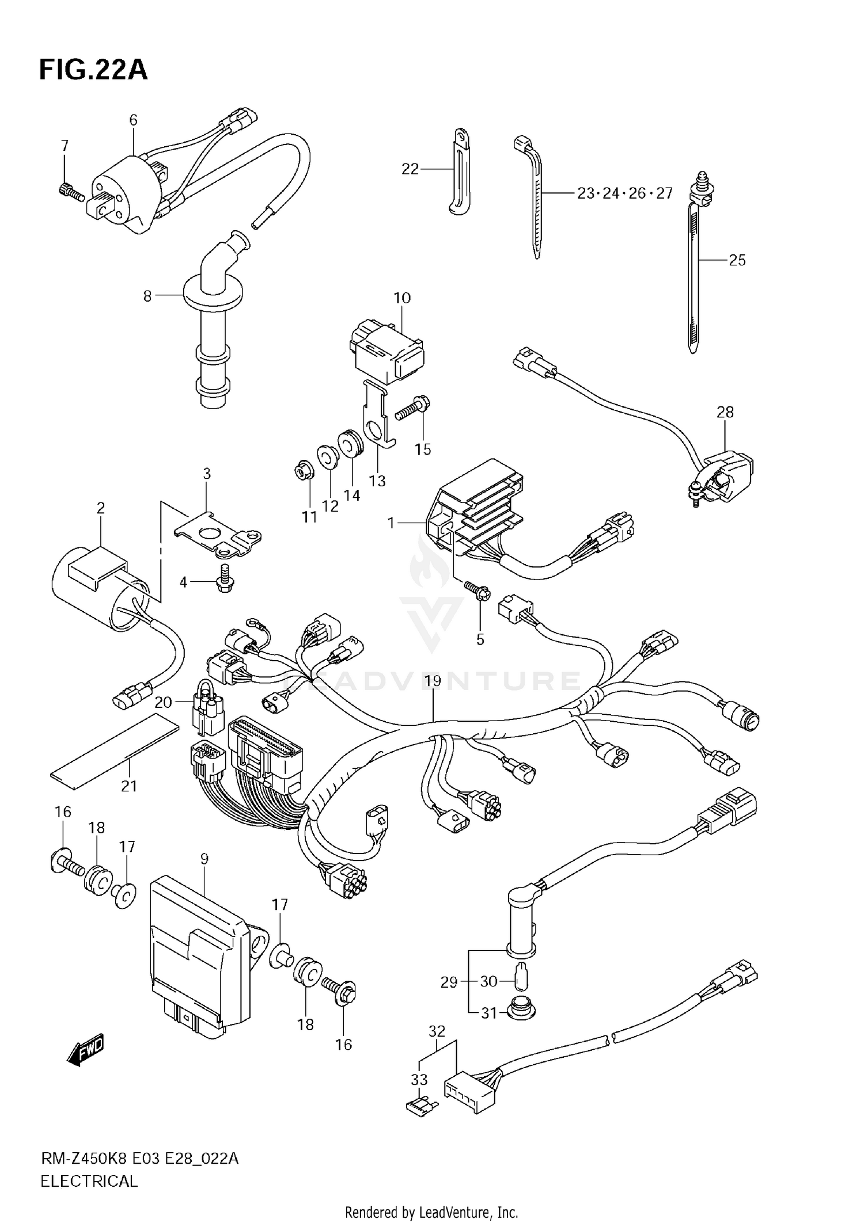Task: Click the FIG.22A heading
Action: pyautogui.click(x=93, y=70)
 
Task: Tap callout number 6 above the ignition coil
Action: pyautogui.click(x=133, y=120)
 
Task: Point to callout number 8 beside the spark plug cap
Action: pyautogui.click(x=147, y=296)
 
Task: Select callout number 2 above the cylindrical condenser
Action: pyautogui.click(x=101, y=508)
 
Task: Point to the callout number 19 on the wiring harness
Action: pyautogui.click(x=433, y=681)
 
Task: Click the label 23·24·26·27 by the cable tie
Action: pyautogui.click(x=625, y=193)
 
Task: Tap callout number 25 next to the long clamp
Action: pyautogui.click(x=737, y=260)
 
